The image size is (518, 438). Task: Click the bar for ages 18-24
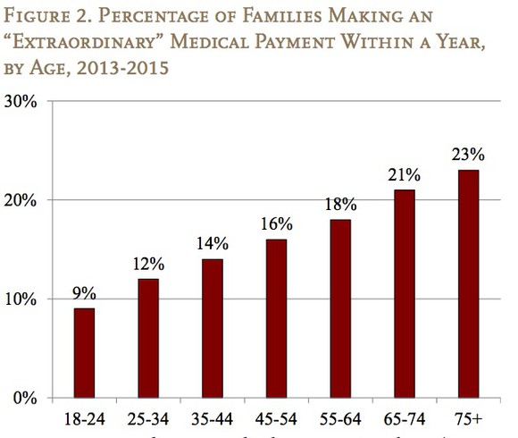coord(84,352)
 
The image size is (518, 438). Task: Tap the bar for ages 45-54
coord(276,318)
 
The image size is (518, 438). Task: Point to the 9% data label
coord(84,294)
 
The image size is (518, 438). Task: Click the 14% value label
coord(213,244)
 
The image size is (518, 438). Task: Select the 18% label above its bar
coord(340,205)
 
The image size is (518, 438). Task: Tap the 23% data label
coord(468,155)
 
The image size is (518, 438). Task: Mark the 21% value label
coord(404,175)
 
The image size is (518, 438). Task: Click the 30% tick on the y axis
coord(21,101)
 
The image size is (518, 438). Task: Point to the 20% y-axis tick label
coord(21,200)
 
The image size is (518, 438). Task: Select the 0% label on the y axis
coord(25,398)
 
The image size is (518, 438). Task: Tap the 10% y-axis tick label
coord(21,299)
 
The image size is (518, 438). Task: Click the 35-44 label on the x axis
coord(213,418)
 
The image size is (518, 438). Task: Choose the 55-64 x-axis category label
coord(340,418)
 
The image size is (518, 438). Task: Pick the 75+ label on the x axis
coord(468,418)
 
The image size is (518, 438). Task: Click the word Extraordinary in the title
coord(90,43)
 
